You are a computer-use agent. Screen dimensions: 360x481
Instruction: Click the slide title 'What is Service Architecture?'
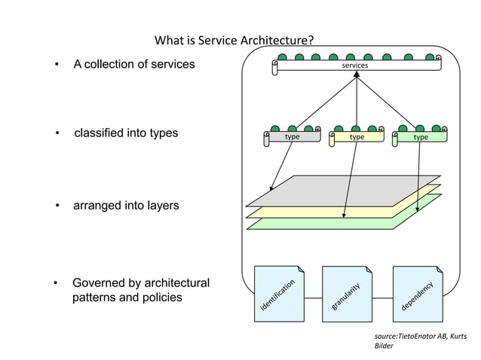(234, 40)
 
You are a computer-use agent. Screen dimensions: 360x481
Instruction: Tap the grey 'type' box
(292, 137)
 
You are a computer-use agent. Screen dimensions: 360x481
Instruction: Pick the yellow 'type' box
(357, 137)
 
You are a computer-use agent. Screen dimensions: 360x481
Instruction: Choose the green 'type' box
(421, 137)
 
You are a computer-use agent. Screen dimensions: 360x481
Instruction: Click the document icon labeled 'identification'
(278, 293)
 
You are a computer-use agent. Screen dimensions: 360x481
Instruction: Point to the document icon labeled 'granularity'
(346, 293)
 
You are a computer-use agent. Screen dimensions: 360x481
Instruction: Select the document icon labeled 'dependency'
(416, 293)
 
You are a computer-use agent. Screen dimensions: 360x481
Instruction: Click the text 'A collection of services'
(133, 65)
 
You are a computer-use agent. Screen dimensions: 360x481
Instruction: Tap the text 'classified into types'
(125, 133)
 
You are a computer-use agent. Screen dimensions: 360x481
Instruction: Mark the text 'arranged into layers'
(125, 205)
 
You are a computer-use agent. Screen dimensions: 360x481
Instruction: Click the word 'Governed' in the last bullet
(99, 283)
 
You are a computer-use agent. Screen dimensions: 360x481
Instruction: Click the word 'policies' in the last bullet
(161, 297)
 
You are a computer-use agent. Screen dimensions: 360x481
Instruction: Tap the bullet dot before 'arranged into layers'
(57, 206)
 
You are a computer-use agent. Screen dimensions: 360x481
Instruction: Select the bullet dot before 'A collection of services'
(57, 66)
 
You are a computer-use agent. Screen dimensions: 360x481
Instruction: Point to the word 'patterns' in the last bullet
(93, 297)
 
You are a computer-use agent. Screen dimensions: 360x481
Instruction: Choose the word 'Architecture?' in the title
(277, 40)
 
